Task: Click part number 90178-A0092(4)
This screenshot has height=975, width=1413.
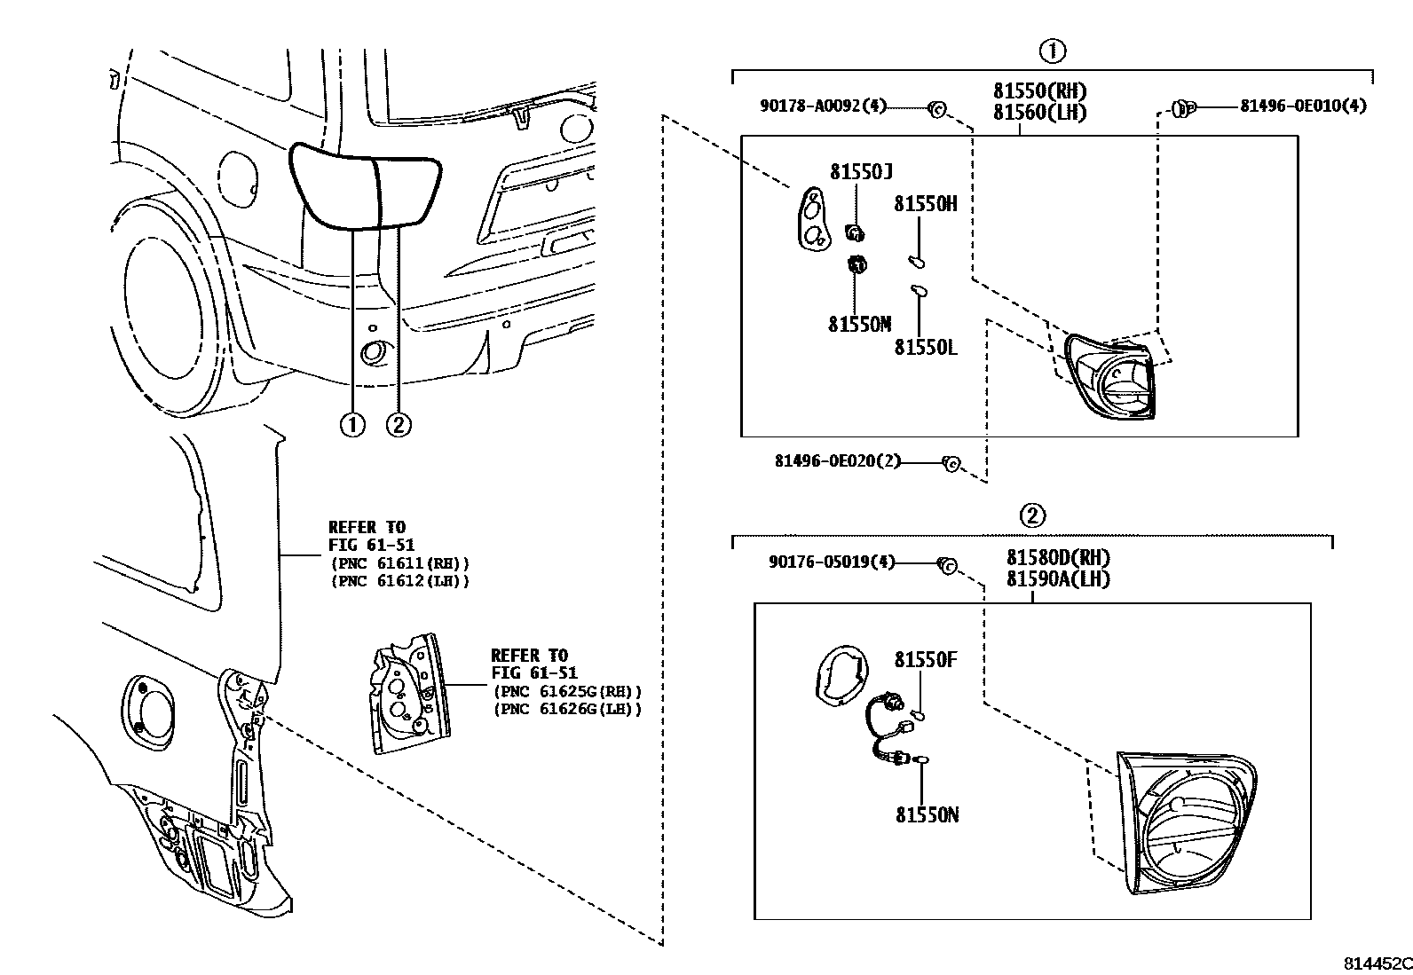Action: (823, 106)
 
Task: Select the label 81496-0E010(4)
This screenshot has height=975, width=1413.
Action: (1302, 106)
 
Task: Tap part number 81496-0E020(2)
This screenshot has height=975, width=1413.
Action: (837, 460)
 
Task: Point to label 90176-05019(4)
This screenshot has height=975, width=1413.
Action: (831, 562)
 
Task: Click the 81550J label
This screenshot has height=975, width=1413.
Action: (861, 171)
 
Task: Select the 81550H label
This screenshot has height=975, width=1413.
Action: (925, 203)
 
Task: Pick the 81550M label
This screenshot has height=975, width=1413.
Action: (859, 324)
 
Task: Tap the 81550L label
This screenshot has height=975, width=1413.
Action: (926, 347)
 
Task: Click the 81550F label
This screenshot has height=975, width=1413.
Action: (926, 659)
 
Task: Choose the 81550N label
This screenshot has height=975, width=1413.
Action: (927, 814)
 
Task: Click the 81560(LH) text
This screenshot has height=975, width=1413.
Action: (1038, 113)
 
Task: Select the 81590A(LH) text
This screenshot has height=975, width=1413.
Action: (1058, 579)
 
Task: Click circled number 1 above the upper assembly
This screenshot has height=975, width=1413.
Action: (1053, 51)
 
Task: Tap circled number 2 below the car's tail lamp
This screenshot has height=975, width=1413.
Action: (399, 425)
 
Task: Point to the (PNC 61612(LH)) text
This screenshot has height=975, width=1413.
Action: (399, 581)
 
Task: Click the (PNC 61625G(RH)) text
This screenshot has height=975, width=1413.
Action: (566, 691)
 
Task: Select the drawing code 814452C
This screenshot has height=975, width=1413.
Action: (1376, 963)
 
